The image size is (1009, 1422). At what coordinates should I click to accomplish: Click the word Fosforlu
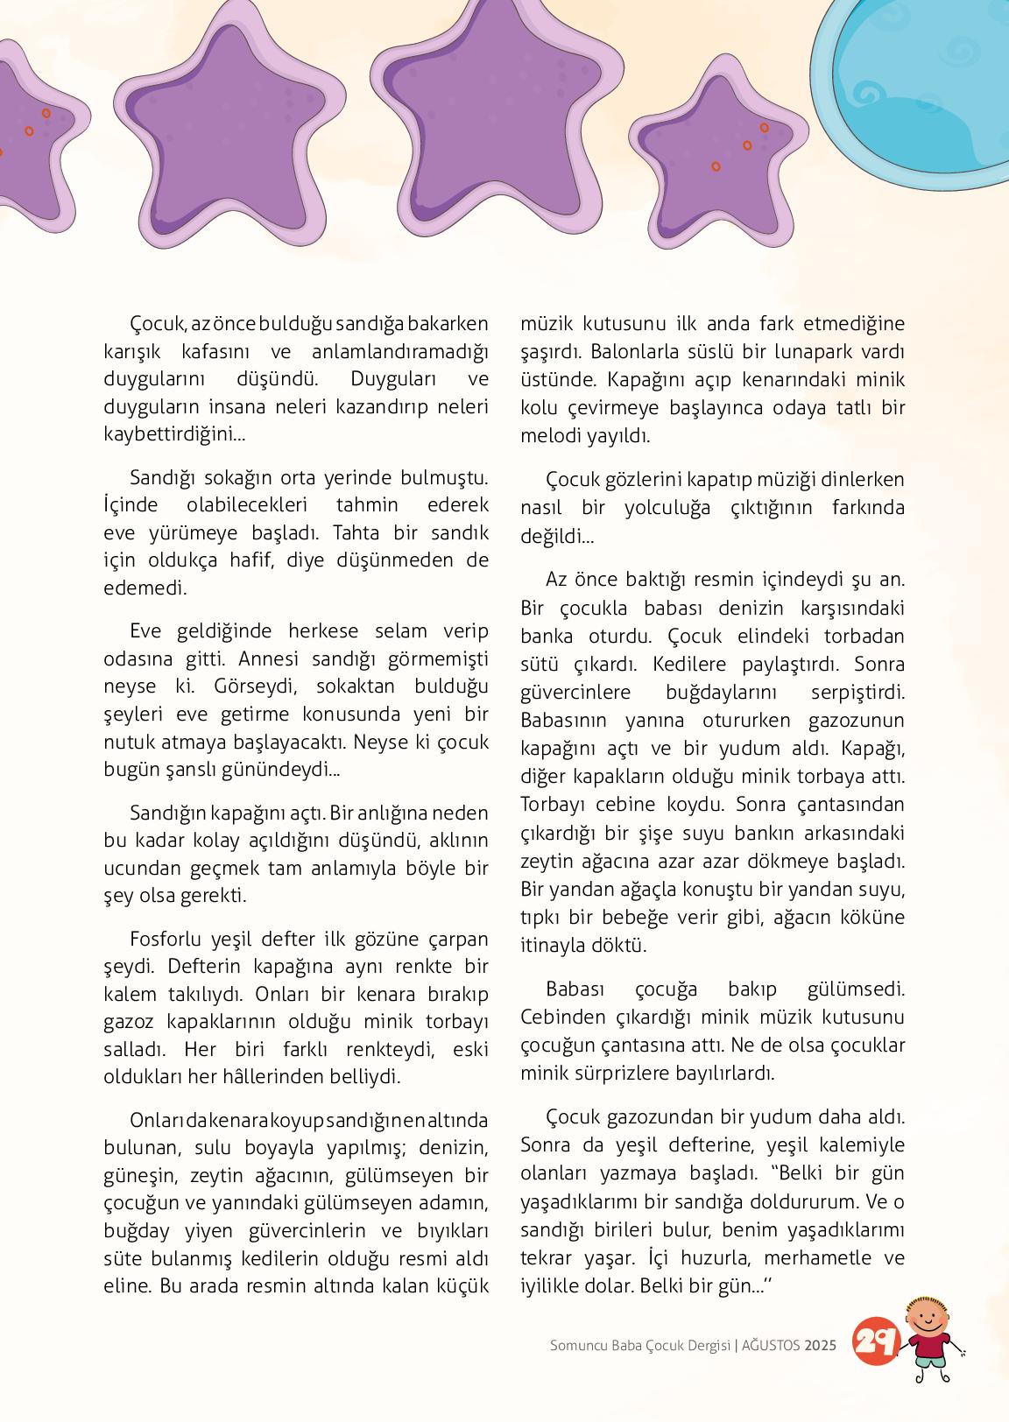click(166, 940)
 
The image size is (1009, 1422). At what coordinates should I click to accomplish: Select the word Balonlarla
click(634, 352)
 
